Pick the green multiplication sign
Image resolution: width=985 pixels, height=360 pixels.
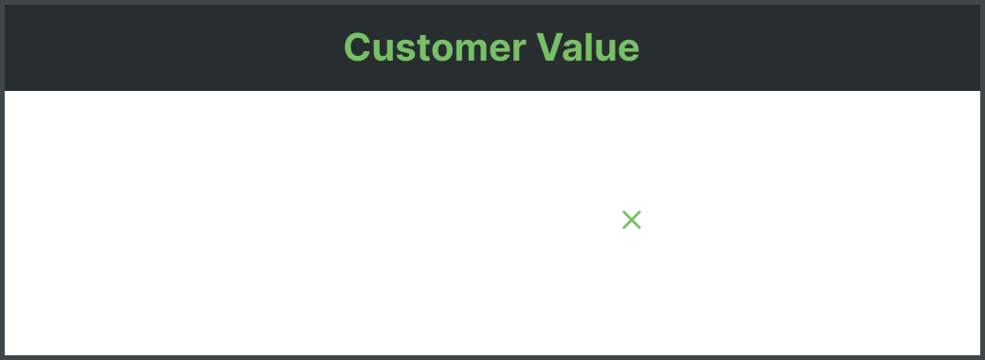tap(632, 221)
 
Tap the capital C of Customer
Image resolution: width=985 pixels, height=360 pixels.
tap(356, 46)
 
